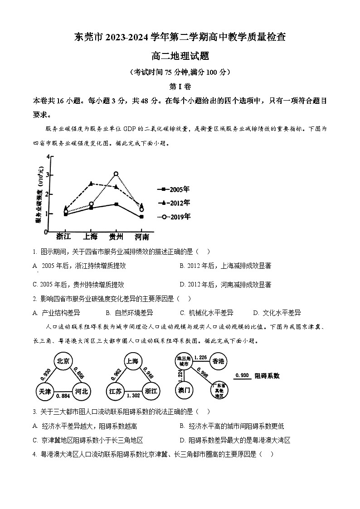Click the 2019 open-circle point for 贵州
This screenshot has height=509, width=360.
coord(116,174)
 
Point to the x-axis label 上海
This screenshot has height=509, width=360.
coord(91,237)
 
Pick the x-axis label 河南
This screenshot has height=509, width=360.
coord(141,237)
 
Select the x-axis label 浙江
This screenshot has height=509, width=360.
coord(64,237)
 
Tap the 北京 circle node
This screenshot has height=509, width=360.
coord(63,361)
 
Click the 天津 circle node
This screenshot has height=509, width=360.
coord(45,391)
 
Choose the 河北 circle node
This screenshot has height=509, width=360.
coord(82,391)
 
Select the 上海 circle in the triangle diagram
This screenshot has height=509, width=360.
coord(132,361)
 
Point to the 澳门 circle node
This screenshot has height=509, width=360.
coord(185,390)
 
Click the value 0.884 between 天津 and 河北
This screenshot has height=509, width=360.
coord(63,396)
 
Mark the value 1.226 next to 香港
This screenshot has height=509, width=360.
coord(200,358)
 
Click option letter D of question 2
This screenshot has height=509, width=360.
coord(255,313)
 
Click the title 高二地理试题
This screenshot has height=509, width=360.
coord(180,57)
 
